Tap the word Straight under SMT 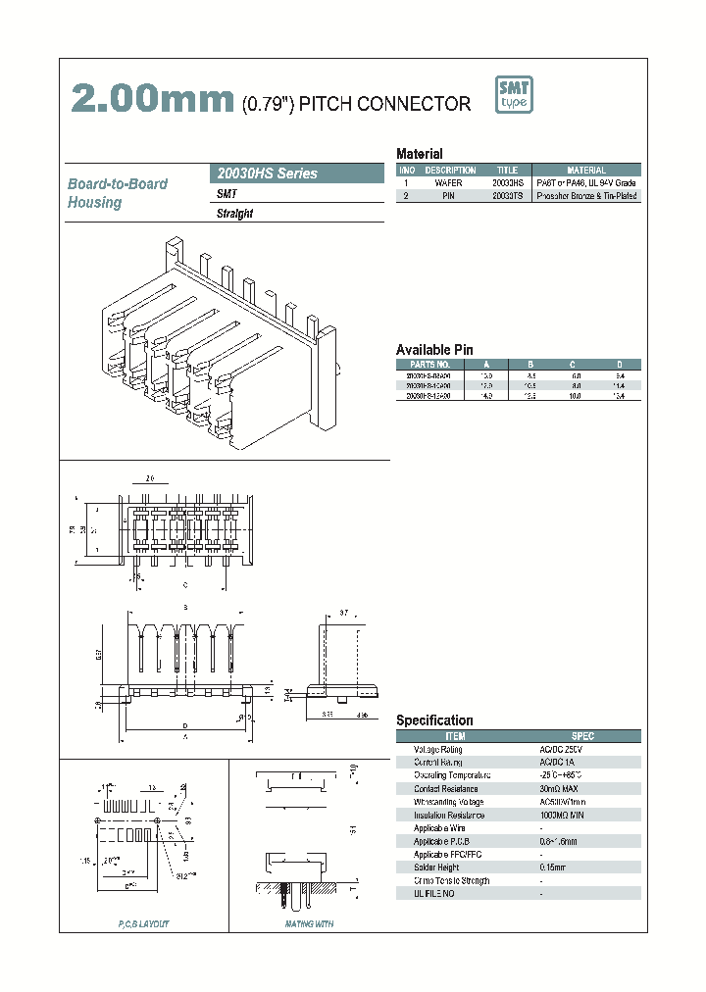click(x=234, y=214)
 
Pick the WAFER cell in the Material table click(x=449, y=183)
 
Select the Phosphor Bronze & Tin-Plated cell click(x=586, y=196)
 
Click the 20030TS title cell click(x=507, y=196)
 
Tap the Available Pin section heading click(x=434, y=350)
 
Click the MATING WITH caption click(x=309, y=923)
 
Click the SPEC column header click(x=582, y=735)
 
